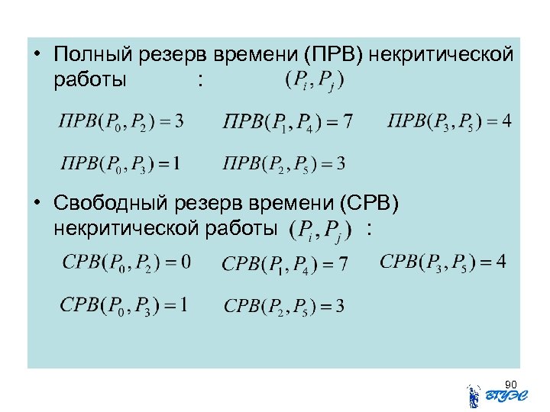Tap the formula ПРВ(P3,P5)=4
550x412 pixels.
tap(449, 122)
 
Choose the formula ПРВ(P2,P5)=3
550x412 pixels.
tap(283, 163)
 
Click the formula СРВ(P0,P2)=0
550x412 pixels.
tap(126, 264)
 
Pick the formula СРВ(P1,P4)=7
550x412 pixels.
tap(285, 265)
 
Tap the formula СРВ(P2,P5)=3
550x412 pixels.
tap(283, 306)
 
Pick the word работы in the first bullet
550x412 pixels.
tap(90, 79)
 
